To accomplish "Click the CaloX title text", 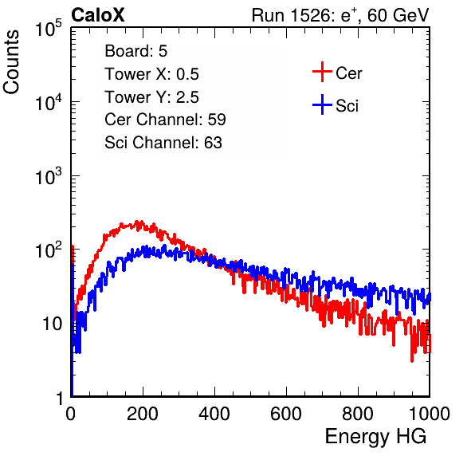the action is (x=97, y=15).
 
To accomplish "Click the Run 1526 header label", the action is (x=340, y=15).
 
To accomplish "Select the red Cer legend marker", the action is (x=322, y=72).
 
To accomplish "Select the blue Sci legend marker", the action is (x=322, y=104).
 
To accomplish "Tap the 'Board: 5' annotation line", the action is (x=135, y=51).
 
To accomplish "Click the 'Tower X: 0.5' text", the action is (x=151, y=74).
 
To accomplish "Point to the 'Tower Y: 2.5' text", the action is (x=151, y=97).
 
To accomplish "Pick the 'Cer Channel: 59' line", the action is (x=165, y=120).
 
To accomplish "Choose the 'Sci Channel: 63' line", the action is (x=163, y=143).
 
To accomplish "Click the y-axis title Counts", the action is (x=11, y=62).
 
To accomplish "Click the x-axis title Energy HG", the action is (x=375, y=437).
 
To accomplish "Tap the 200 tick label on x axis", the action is (x=143, y=414).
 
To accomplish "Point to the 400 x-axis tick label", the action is (x=214, y=414).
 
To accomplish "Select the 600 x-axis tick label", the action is (x=286, y=414).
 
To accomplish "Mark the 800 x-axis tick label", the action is (x=358, y=414).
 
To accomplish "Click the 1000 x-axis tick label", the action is (x=430, y=414).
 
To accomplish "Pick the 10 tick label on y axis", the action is (x=53, y=324).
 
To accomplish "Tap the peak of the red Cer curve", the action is (x=136, y=222).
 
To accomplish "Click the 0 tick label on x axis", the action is (x=70, y=414).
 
